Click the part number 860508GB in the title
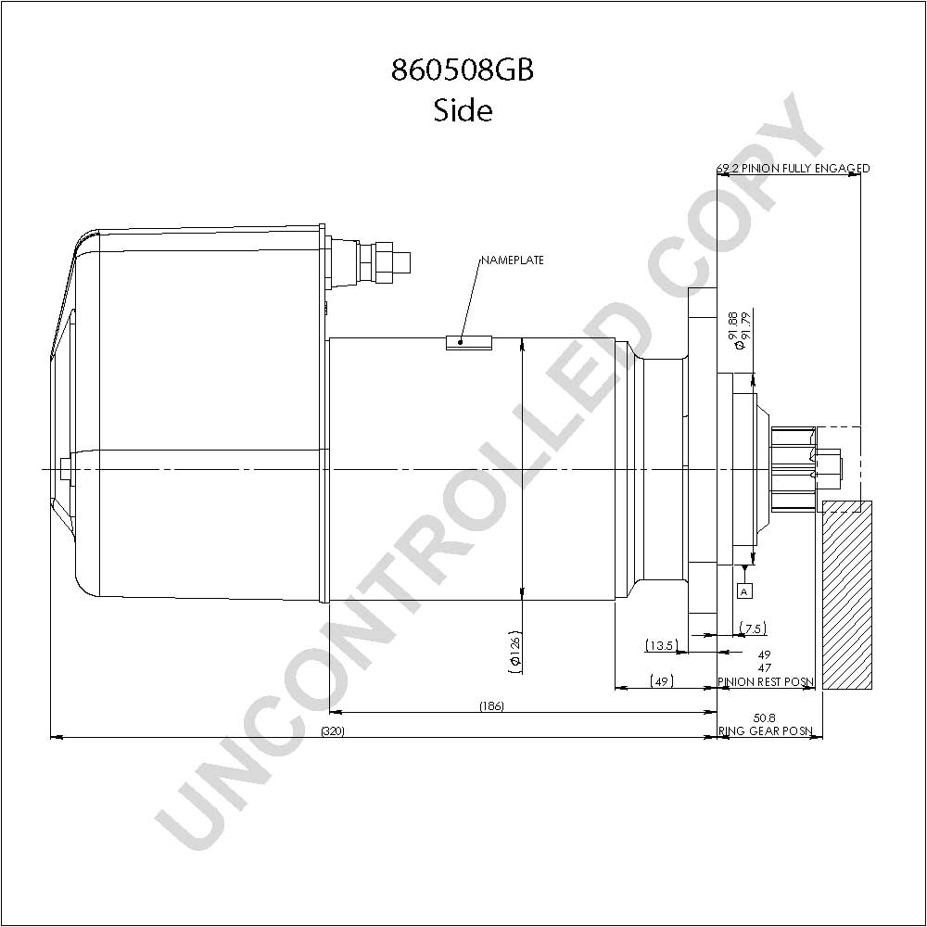(x=463, y=70)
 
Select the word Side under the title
(x=463, y=110)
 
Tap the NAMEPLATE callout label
(x=512, y=260)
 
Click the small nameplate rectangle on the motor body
(x=469, y=343)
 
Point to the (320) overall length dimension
(x=332, y=731)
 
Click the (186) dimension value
(x=492, y=705)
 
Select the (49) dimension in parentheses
(x=662, y=681)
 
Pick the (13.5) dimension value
(x=660, y=645)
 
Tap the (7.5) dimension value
(x=753, y=629)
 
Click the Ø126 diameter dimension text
(x=514, y=652)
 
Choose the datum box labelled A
(x=745, y=590)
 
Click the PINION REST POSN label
(x=766, y=681)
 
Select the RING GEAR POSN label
(x=766, y=730)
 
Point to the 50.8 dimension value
(x=765, y=718)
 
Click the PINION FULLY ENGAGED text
(x=806, y=169)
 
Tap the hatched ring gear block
(x=847, y=595)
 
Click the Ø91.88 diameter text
(x=733, y=330)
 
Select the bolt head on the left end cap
(x=65, y=469)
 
